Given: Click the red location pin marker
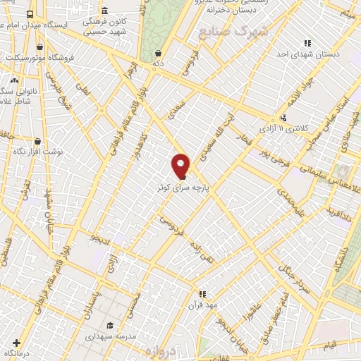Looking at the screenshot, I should click(181, 166).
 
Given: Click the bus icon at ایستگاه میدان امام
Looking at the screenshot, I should click(30, 13).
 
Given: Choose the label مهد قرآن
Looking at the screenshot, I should click(202, 305).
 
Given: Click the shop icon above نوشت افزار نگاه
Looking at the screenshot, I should click(37, 141).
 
